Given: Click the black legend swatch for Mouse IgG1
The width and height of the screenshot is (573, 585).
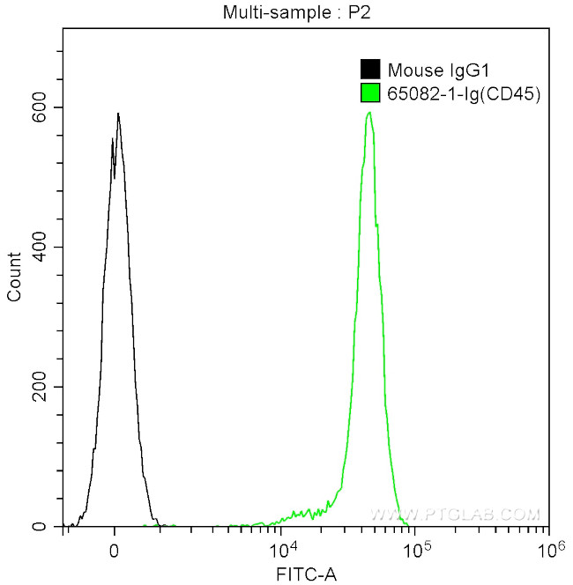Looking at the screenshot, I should click(x=371, y=70).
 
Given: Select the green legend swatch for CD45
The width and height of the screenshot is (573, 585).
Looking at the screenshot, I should click(x=371, y=92).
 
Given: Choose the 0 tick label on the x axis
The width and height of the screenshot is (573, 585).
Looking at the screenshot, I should click(x=115, y=551).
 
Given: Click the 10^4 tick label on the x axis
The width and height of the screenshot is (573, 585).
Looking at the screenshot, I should click(x=282, y=550).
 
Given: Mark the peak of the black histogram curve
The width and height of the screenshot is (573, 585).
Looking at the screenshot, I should click(x=117, y=114).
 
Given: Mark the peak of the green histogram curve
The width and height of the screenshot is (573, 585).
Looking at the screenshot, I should click(x=369, y=113).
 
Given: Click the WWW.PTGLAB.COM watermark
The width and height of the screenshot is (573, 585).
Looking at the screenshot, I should click(x=453, y=514).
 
